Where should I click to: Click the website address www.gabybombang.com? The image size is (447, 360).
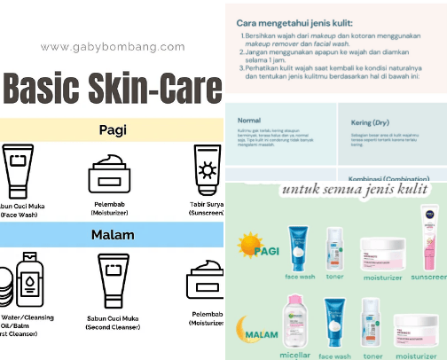112,48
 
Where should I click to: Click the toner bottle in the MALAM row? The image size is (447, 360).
372,325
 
